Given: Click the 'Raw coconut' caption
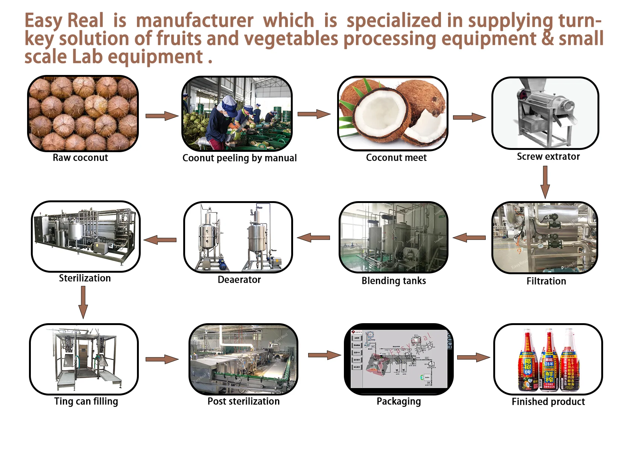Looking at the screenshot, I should (80, 158).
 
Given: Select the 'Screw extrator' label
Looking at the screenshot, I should (548, 157).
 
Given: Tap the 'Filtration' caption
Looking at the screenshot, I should (546, 281).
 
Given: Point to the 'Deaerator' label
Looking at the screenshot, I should (239, 280).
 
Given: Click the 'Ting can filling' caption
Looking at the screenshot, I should (86, 402).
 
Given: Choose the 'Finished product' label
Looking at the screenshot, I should (548, 402).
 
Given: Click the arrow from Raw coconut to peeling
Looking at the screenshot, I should (161, 116).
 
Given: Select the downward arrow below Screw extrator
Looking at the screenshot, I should (545, 182).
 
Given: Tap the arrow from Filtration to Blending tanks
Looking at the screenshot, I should (469, 238).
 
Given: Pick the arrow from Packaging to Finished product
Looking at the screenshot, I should (473, 357).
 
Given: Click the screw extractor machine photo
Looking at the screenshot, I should (545, 113).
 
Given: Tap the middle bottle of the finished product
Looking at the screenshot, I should (549, 362).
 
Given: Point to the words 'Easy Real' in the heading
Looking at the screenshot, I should (64, 21).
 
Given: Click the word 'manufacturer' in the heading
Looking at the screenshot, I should (195, 21).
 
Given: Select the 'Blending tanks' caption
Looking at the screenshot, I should (394, 281).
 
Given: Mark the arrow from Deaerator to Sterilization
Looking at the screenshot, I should (160, 240).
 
